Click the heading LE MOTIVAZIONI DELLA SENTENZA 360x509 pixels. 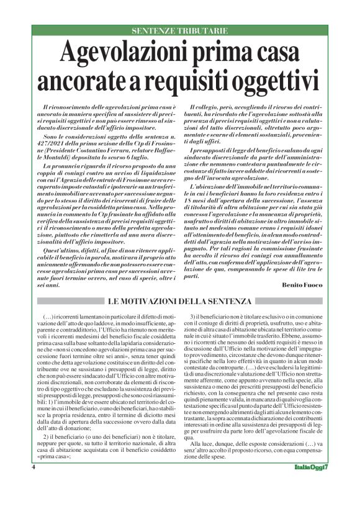pyautogui.click(x=179, y=302)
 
